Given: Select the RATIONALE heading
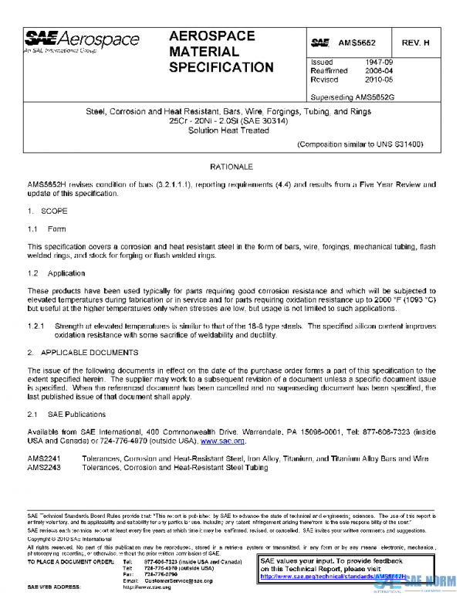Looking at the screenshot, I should point(231,167).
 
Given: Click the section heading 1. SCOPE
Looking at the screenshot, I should point(48,211).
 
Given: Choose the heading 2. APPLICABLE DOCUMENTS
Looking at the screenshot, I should point(83,352).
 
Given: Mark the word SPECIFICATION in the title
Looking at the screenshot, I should point(221,67).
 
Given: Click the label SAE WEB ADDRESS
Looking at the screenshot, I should point(56,587).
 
